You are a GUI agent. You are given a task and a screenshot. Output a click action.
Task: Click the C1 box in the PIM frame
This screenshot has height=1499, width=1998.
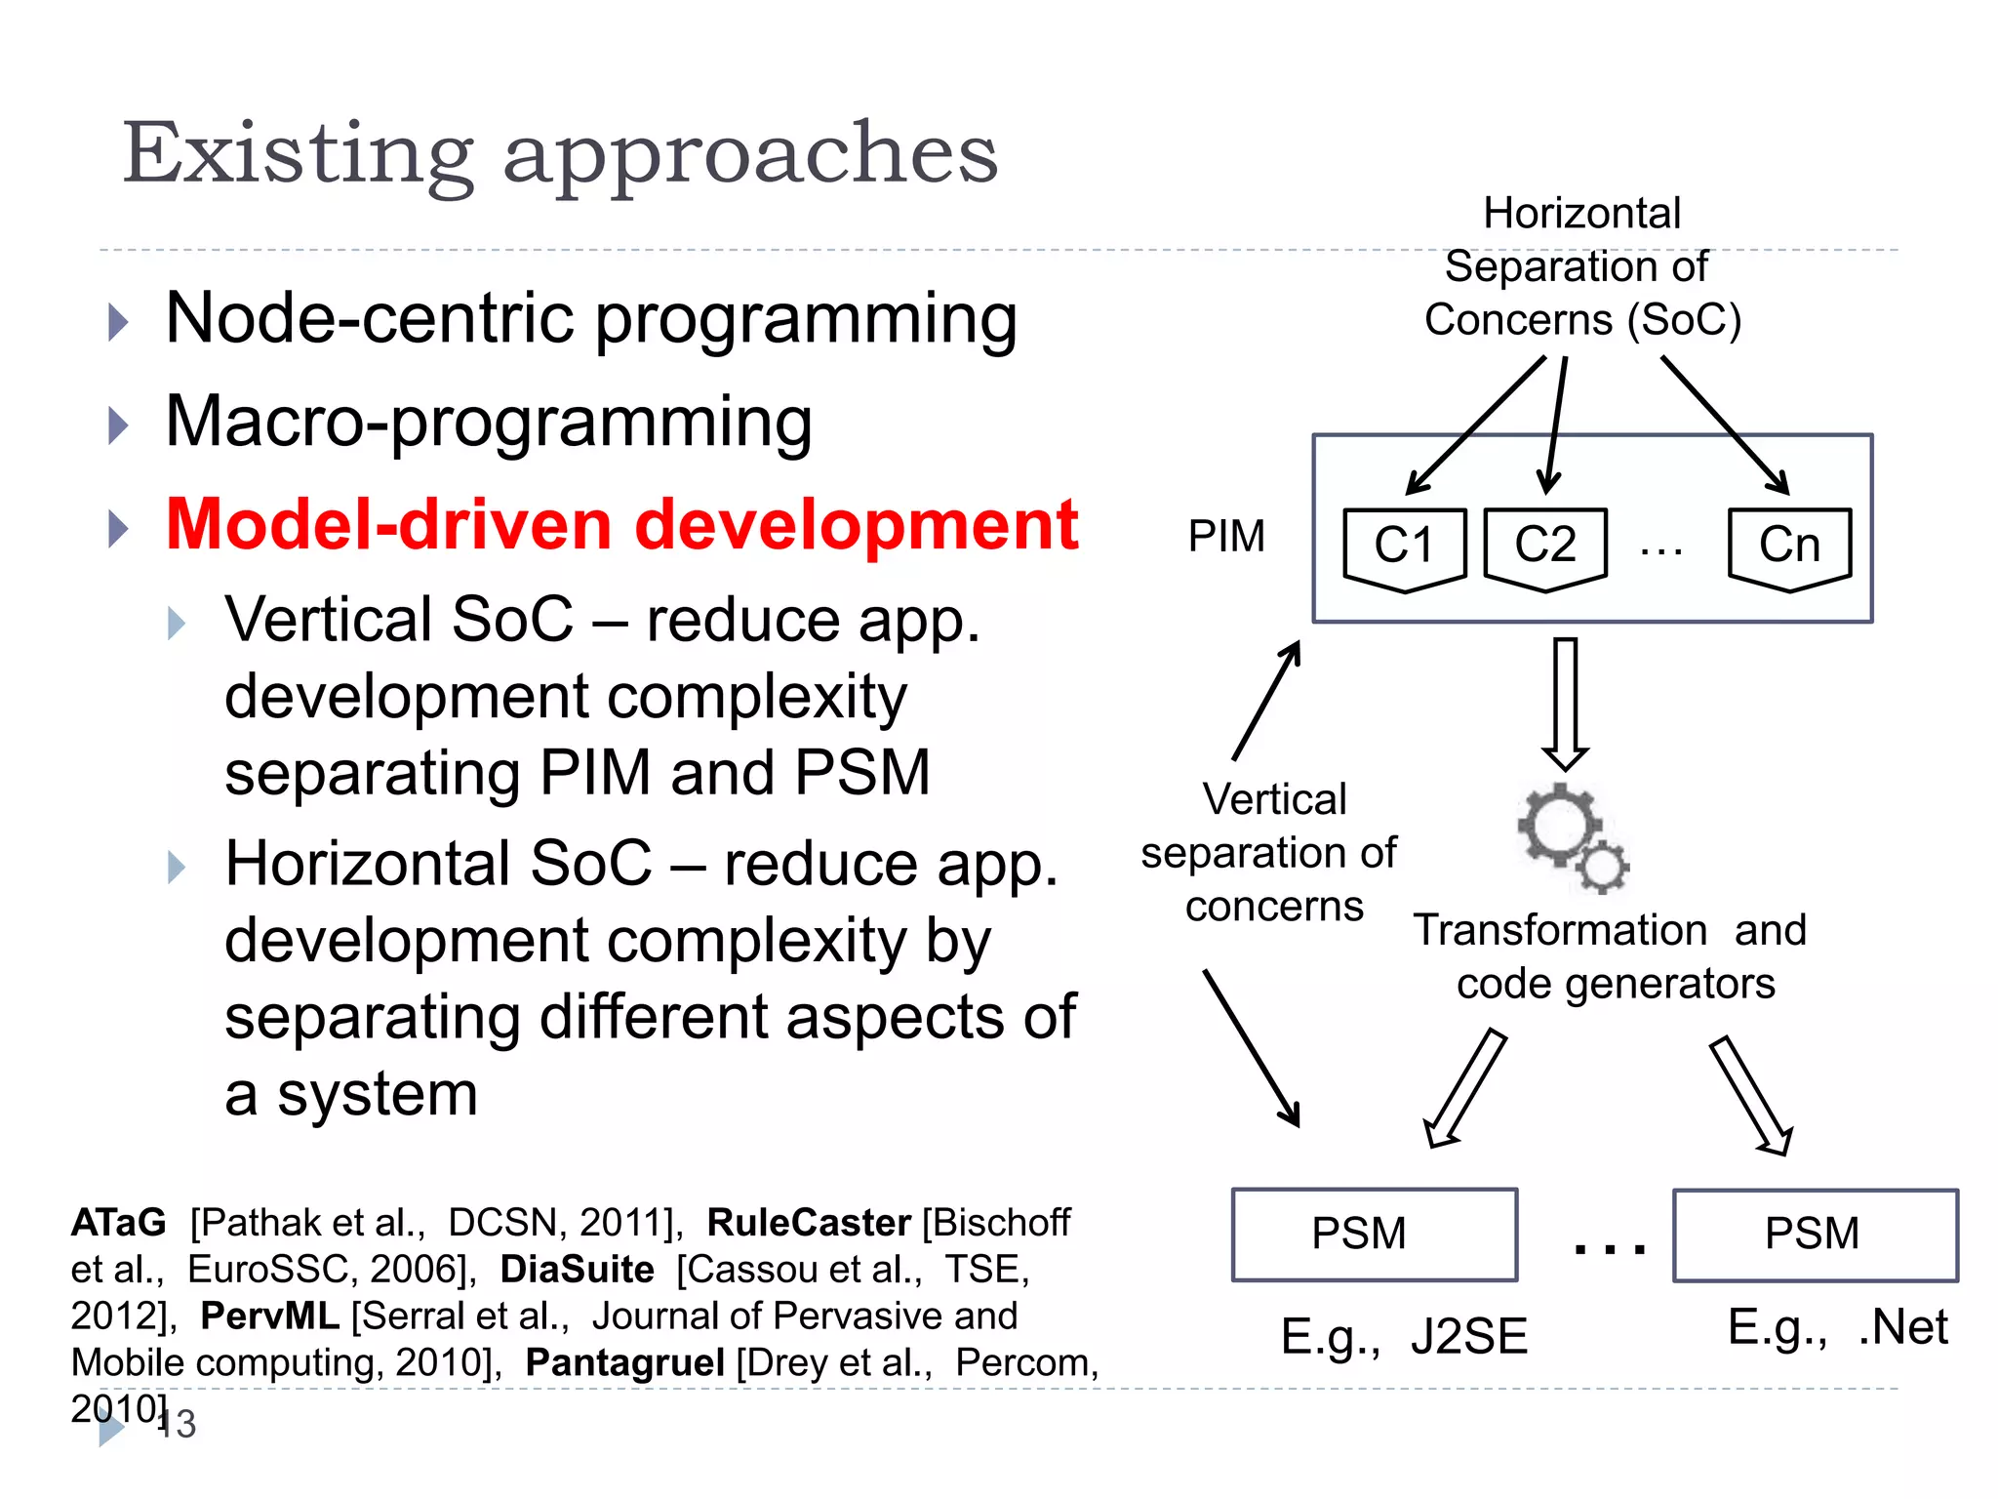[x=1404, y=547]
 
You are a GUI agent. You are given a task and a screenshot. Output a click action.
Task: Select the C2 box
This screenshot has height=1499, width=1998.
[x=1545, y=547]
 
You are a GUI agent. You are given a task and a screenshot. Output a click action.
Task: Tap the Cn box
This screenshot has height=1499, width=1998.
[x=1789, y=547]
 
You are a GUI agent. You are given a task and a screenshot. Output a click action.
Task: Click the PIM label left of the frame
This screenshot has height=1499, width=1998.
[x=1226, y=537]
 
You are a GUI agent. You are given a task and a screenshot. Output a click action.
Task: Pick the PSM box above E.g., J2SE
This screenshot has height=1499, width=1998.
[x=1374, y=1235]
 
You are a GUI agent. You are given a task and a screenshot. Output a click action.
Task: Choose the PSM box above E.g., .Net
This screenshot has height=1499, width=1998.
[x=1815, y=1235]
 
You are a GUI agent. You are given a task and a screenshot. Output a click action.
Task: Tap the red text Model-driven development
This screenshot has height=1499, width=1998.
[x=621, y=526]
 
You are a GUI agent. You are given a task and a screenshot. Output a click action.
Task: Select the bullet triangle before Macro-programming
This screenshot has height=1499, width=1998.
[x=118, y=425]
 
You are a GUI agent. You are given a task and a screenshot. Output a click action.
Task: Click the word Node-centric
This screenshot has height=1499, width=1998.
[x=371, y=319]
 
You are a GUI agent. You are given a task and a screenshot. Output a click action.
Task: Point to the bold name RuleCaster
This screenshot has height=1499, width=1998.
[x=808, y=1223]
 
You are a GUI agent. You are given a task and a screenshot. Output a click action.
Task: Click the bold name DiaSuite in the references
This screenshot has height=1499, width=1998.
[x=577, y=1270]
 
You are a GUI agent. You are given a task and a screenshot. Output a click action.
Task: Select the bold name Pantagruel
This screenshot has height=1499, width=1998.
[x=624, y=1363]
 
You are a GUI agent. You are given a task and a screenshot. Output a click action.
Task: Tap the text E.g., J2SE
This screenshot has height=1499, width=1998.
[x=1403, y=1337]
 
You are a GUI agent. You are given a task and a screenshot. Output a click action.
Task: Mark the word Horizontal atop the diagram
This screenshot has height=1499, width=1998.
[x=1581, y=214]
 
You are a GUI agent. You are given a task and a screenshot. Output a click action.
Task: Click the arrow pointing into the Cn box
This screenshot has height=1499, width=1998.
[x=1725, y=425]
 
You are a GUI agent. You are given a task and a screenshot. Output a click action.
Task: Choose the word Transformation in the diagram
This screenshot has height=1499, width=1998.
[x=1559, y=930]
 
